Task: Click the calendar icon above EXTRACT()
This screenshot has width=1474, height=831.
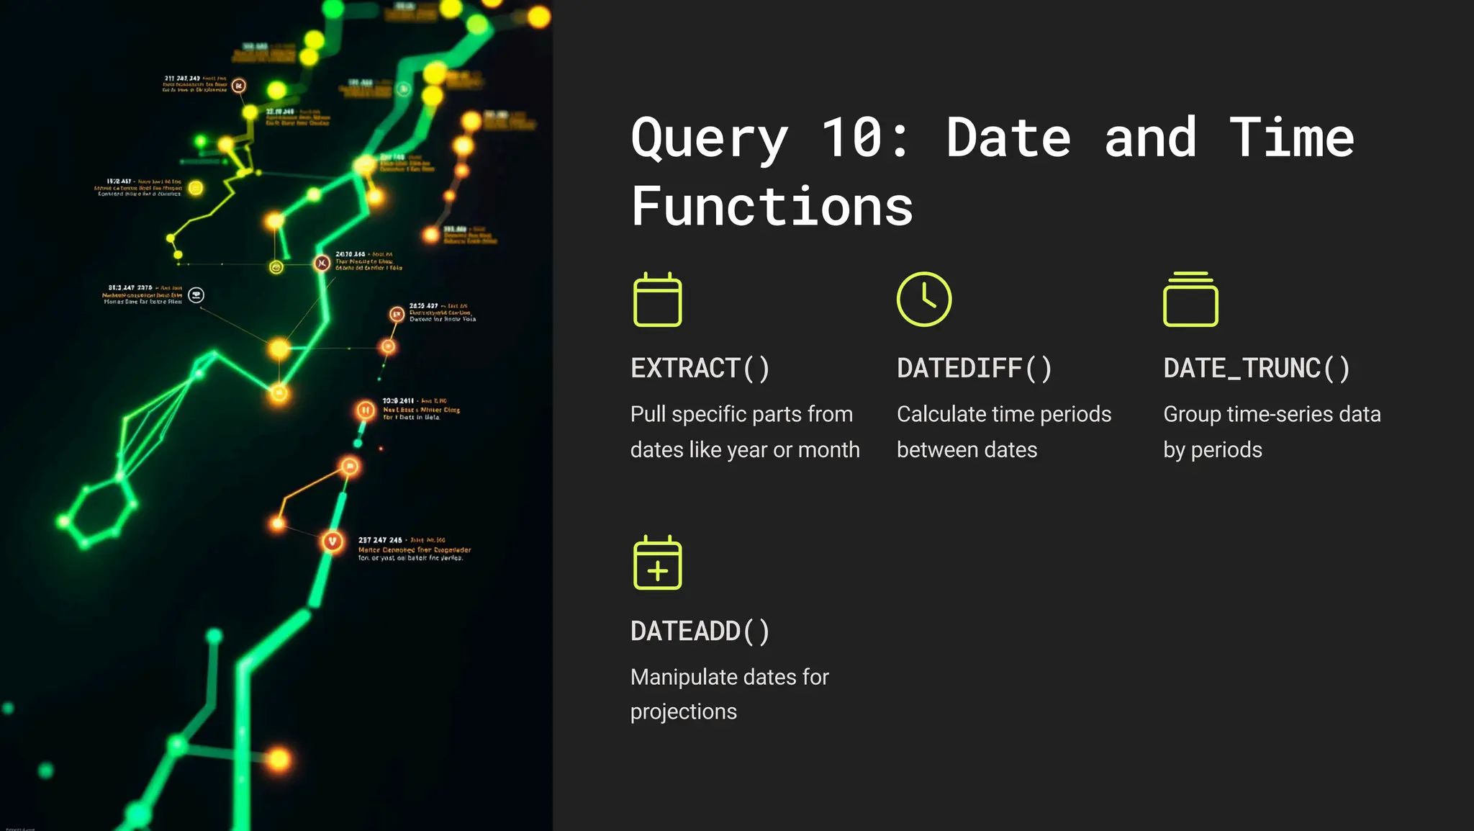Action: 657,300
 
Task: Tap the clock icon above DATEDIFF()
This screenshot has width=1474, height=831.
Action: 924,299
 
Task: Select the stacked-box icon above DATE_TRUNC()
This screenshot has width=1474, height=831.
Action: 1190,300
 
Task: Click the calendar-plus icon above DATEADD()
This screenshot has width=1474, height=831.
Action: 657,562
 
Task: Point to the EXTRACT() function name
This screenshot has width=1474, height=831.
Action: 700,369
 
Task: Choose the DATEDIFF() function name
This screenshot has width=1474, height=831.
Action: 974,369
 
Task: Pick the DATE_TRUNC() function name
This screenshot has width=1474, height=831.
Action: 1256,369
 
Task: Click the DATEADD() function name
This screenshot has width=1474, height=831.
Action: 700,632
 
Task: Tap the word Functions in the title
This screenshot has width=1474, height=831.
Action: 772,207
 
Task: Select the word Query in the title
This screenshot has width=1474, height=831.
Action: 709,139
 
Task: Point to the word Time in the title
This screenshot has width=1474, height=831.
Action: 1291,138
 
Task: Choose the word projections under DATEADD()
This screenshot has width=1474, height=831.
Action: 683,712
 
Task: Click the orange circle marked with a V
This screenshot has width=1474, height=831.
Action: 332,541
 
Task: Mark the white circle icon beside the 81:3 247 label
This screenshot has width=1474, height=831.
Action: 196,295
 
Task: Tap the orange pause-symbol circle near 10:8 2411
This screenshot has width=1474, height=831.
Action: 366,410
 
